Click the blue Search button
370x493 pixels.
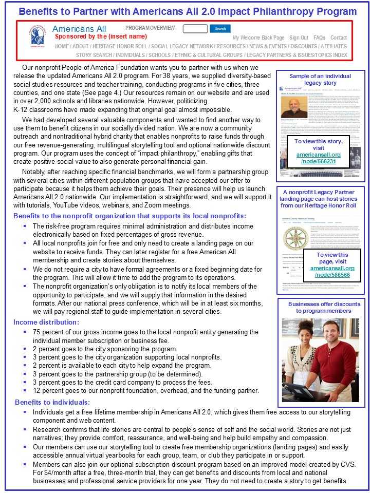(220, 29)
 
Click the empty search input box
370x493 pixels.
(195, 29)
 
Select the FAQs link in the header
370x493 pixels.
(319, 37)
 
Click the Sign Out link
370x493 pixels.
(299, 37)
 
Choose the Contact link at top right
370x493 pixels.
(339, 37)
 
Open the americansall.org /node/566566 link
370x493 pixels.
(332, 272)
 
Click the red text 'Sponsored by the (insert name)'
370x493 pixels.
(101, 36)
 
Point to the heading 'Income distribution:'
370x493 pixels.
(46, 322)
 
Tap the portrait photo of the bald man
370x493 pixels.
(294, 110)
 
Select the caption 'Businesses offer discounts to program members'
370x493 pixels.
(321, 307)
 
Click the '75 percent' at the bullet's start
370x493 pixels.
(48, 332)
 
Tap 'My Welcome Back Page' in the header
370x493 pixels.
(258, 37)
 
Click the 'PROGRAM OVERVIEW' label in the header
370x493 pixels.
(150, 28)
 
